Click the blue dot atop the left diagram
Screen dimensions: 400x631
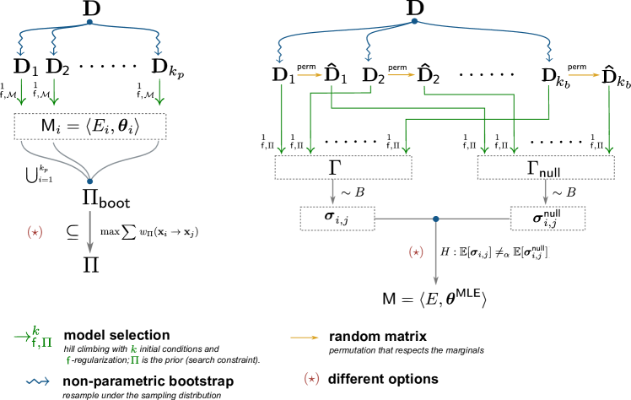[90, 22]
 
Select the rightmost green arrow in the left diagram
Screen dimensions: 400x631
[159, 92]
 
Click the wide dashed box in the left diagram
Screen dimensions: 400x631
[90, 127]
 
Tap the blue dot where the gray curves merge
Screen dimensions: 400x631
[90, 181]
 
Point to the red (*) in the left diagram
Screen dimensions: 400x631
[35, 232]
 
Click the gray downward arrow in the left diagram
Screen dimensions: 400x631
[90, 232]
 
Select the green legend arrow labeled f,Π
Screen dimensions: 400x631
[23, 337]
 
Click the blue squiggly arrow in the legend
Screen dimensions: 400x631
[37, 381]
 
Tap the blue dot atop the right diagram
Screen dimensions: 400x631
[414, 21]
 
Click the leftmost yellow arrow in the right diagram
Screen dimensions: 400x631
[310, 75]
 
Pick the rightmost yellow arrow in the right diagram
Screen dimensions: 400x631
[583, 75]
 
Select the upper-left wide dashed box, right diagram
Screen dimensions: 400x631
[343, 168]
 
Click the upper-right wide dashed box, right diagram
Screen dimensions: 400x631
[546, 168]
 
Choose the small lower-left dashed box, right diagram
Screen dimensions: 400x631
[337, 219]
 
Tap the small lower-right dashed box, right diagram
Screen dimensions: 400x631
[547, 219]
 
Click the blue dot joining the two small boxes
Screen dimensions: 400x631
[436, 219]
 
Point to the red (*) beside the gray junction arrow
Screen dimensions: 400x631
[415, 252]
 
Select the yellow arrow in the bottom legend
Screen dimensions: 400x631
[305, 338]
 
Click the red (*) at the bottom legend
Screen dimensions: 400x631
[311, 379]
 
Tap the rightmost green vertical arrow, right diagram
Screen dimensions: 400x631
[609, 118]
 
